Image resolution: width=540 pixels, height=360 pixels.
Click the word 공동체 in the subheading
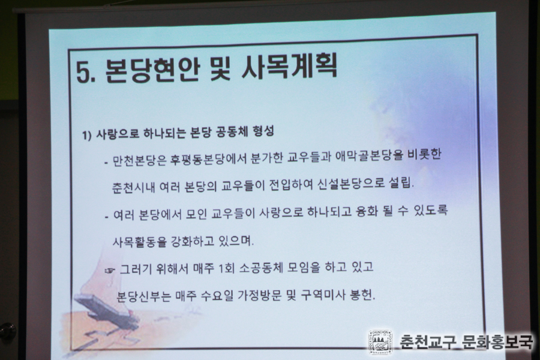click(231, 132)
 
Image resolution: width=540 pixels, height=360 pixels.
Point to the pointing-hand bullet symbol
click(110, 271)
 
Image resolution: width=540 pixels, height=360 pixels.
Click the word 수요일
click(217, 296)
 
